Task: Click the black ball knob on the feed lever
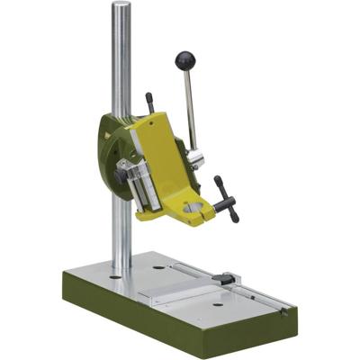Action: [x=185, y=60]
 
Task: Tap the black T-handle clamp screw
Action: [x=225, y=198]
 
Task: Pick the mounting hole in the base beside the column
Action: [x=158, y=267]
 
